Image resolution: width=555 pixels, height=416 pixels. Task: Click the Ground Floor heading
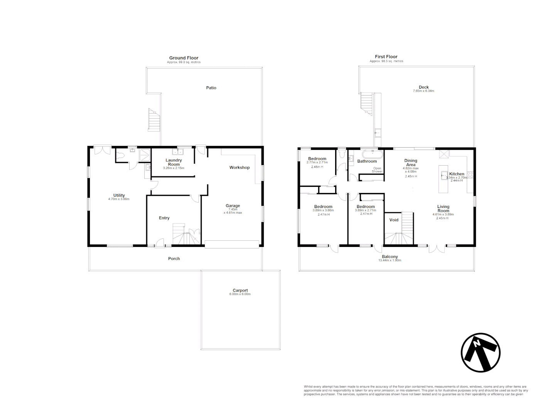coord(184,58)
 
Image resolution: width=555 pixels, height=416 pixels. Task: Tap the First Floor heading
coord(386,57)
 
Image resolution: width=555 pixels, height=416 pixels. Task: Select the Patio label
coord(211,88)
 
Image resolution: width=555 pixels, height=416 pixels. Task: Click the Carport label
coord(240,290)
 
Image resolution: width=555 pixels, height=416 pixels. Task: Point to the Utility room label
coord(119,195)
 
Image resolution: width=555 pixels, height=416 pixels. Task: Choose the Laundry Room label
coord(174,162)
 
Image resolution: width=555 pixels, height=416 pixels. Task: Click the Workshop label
coord(240,168)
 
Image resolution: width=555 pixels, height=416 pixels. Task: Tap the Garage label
coord(233,206)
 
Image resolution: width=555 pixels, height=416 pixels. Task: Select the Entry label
coord(164,218)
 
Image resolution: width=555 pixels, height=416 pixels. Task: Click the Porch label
coord(174,258)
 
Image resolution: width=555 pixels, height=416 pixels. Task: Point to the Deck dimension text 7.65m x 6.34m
coord(424,91)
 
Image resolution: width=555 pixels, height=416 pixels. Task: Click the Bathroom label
coord(367,161)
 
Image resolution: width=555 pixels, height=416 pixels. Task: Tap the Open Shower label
coord(377,170)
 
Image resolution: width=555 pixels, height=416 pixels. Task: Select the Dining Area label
coord(410,163)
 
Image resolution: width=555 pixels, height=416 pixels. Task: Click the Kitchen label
coord(457,174)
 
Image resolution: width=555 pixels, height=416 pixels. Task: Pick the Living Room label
coord(443,208)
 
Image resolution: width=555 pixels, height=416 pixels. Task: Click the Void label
coord(394,220)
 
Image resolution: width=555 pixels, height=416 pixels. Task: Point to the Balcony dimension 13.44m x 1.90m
coord(390,261)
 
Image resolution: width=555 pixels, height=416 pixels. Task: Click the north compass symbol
coord(481,352)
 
